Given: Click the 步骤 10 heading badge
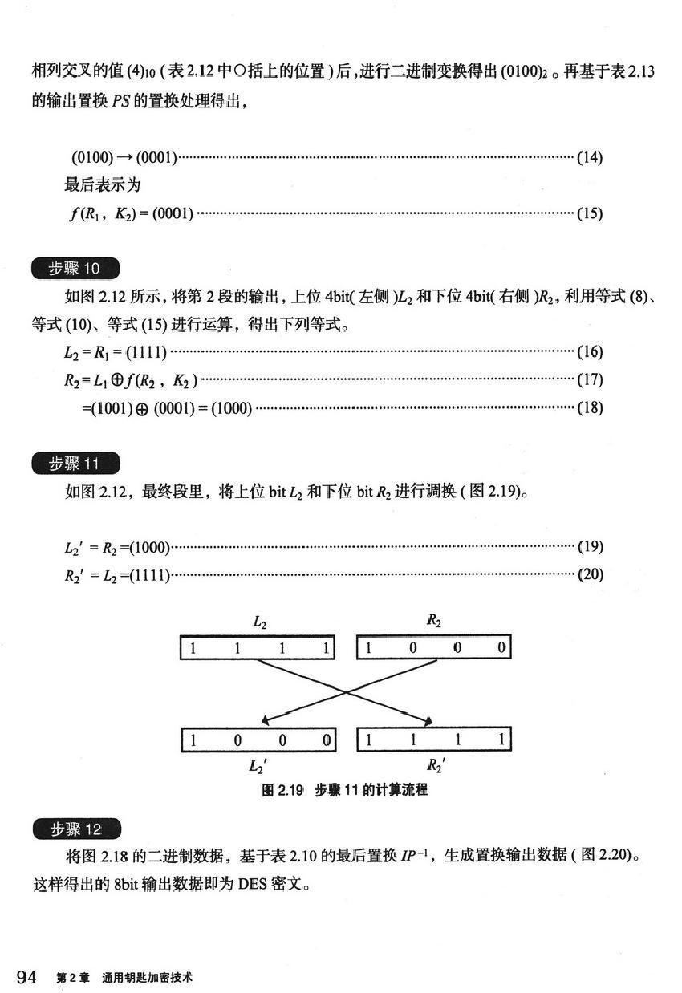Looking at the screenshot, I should coord(75,270).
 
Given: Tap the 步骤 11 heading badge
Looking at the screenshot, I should coord(75,464).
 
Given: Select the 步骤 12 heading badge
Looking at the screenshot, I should coord(75,829).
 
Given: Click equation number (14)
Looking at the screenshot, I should coord(590,157).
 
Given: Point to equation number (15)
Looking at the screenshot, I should coord(590,213).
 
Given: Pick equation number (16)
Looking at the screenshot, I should coord(590,351).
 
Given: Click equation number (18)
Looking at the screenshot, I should coord(590,407).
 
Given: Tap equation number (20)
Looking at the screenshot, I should coord(590,574).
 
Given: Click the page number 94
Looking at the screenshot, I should coord(27,976).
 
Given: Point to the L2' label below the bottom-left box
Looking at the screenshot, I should coord(258,764).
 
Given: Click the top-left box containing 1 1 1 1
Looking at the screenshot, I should coord(258,648).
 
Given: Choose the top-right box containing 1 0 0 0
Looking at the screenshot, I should coord(433,648).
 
